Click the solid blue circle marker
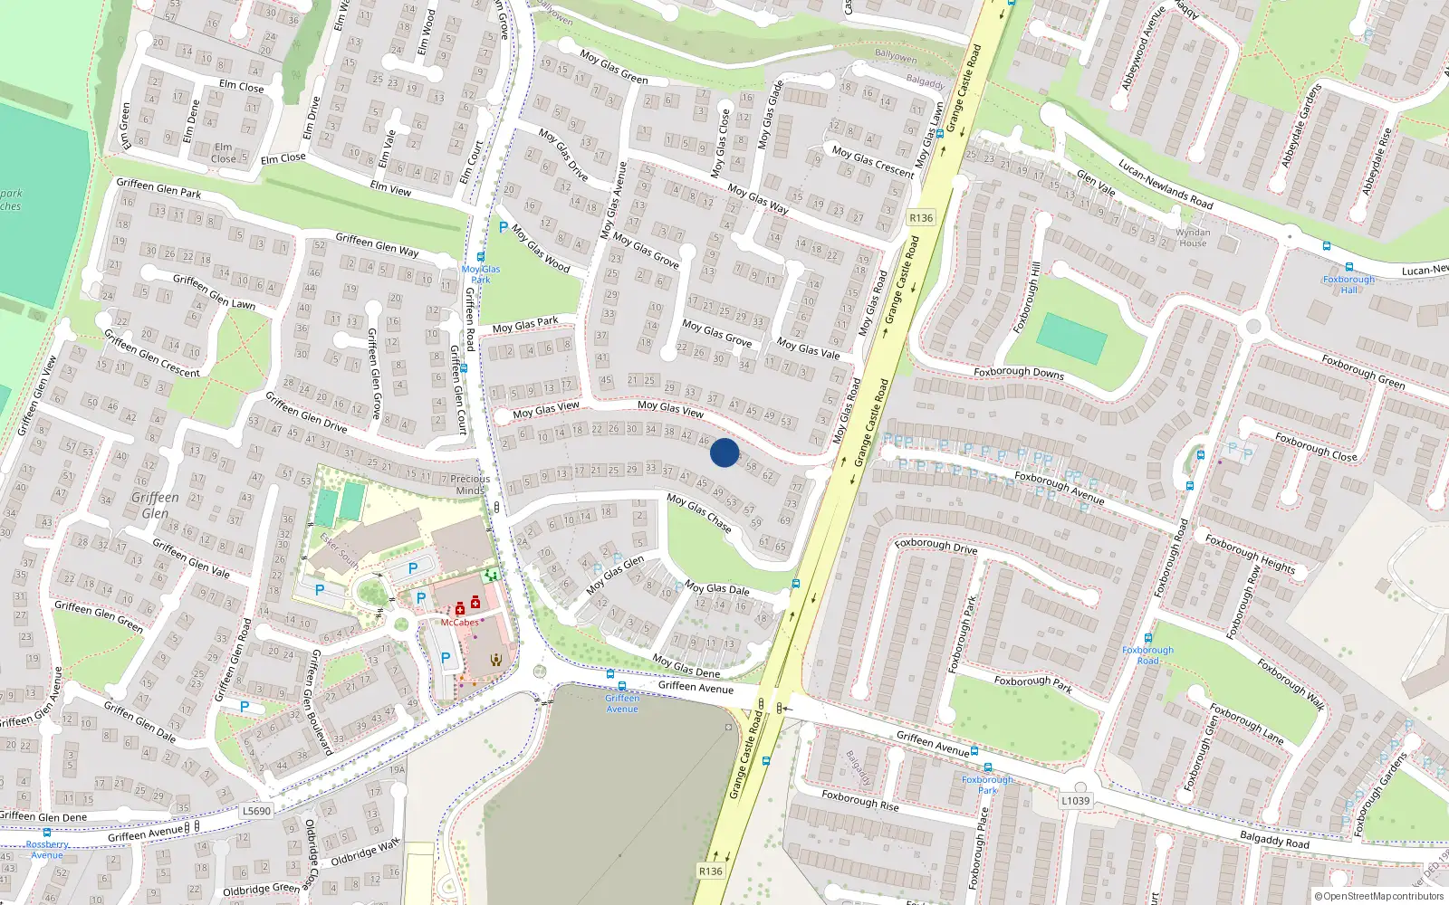pos(724,452)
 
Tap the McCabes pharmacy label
pos(460,623)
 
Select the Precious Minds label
pos(470,485)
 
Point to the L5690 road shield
pos(256,811)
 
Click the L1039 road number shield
pos(1075,800)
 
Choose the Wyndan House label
pos(1193,238)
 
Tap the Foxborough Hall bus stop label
pos(1348,284)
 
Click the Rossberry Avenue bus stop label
pos(47,849)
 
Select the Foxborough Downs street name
pos(1019,372)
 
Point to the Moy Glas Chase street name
pos(699,513)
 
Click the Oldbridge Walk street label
pos(365,853)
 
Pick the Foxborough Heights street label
pos(1250,554)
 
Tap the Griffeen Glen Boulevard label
pos(321,701)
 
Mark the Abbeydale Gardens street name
pos(1301,126)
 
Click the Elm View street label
pos(390,189)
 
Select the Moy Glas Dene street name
pos(686,667)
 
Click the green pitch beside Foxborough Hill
pos(1071,338)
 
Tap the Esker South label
pos(339,550)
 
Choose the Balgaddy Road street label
pos(1274,840)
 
